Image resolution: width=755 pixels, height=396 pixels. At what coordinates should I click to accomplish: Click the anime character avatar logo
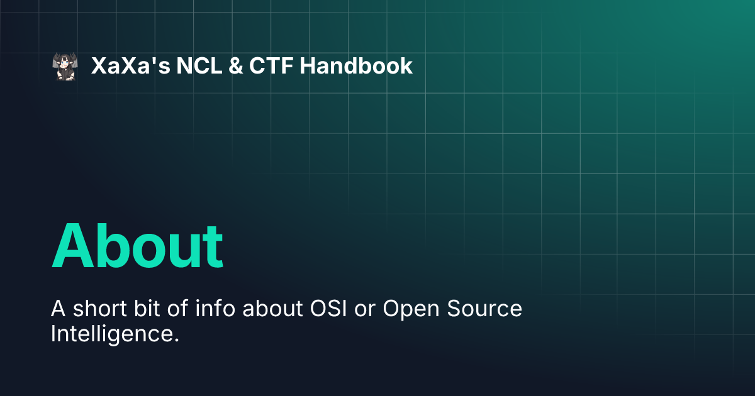(65, 67)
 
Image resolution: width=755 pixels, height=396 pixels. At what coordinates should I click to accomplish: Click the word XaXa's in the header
(130, 65)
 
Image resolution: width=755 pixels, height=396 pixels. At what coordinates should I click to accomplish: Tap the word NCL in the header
(199, 65)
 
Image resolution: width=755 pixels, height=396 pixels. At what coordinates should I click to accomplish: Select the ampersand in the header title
(235, 65)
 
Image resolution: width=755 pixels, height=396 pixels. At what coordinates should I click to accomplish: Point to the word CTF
(271, 65)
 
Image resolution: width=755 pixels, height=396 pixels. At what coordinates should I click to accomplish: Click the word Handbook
(356, 65)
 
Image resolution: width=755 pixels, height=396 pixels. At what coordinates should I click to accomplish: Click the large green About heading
(137, 246)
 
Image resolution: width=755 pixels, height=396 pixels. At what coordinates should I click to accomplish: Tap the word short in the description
(100, 308)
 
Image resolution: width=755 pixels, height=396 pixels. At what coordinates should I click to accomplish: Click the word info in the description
(215, 308)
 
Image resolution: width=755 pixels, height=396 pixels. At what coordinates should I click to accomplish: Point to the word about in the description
(272, 308)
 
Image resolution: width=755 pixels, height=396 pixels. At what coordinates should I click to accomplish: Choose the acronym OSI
(328, 309)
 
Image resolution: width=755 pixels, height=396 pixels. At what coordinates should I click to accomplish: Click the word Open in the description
(411, 309)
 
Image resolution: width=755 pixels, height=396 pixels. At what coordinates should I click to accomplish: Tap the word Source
(484, 309)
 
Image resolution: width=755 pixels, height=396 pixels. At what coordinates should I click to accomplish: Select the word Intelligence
(115, 334)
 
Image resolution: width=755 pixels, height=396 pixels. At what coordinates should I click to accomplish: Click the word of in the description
(177, 308)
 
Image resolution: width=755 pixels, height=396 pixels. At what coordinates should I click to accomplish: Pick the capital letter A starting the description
(58, 309)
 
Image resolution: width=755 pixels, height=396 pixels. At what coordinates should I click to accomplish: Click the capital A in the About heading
(72, 246)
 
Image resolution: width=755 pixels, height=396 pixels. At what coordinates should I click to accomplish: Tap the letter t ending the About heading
(213, 248)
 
